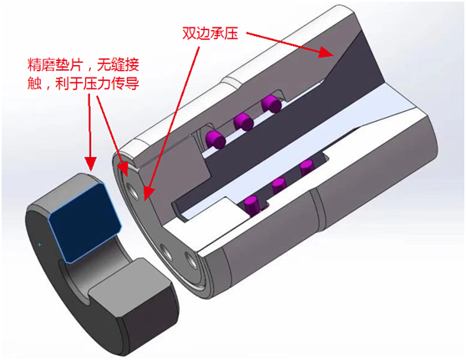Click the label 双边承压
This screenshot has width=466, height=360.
[x=210, y=33]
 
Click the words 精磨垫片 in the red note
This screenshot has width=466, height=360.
[x=54, y=65]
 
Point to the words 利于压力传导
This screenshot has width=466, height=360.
[x=97, y=84]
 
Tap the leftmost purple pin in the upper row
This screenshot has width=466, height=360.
[x=215, y=139]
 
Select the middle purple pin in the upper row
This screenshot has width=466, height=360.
[x=243, y=122]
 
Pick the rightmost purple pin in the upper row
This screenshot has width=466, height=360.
[x=271, y=104]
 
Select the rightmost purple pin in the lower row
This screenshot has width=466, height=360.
[x=306, y=168]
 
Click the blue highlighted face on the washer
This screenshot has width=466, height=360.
[x=84, y=222]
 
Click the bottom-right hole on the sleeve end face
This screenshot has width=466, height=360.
[x=190, y=261]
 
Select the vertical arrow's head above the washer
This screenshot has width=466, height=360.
[x=90, y=164]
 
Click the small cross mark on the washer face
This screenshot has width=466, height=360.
[x=40, y=245]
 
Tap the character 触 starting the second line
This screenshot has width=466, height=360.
[x=34, y=84]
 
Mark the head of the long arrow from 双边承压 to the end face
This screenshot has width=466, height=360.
[x=148, y=194]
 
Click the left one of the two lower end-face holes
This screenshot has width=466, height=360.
[x=165, y=253]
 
